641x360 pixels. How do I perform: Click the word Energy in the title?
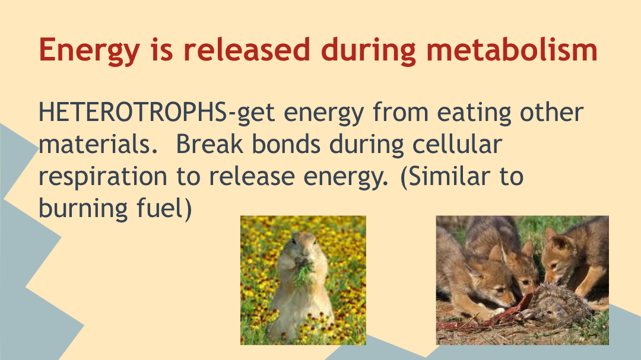coord(90,50)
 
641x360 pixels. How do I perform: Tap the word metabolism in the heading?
coord(512,49)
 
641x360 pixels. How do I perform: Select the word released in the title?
coord(246,49)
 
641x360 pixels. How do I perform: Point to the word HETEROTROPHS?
coord(132,112)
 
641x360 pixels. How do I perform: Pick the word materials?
coord(98,144)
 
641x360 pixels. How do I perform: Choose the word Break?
coord(210,144)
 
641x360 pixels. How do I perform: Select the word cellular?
coord(457,144)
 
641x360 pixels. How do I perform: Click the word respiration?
coord(103,177)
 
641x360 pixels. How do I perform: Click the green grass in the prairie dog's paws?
coord(304,271)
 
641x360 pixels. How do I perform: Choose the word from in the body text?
coord(401,112)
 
